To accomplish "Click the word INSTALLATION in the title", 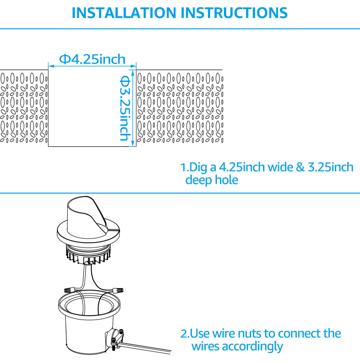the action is (x=124, y=13).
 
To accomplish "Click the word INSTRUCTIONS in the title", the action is (x=234, y=13).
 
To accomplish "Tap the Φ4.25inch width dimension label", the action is (x=92, y=59).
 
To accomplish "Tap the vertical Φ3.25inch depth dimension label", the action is (x=125, y=108).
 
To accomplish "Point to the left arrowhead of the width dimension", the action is (x=51, y=66).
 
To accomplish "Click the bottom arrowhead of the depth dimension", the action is (x=133, y=144).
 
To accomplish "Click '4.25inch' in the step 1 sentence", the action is (x=242, y=167).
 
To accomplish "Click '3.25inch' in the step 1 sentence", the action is (x=330, y=167).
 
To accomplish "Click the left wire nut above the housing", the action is (x=70, y=290).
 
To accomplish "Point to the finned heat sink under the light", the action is (x=88, y=255).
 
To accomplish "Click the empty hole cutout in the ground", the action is (x=92, y=108).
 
